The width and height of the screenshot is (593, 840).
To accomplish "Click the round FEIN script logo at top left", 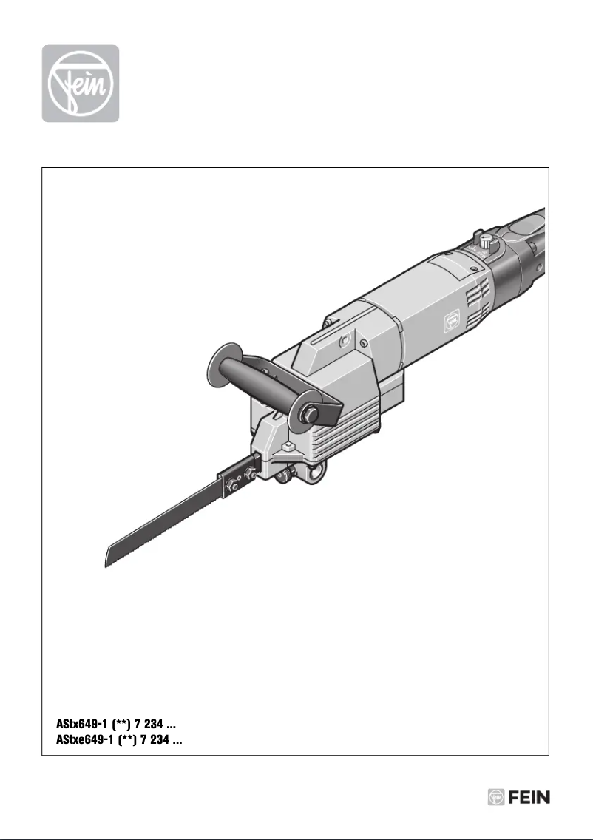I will click(80, 84).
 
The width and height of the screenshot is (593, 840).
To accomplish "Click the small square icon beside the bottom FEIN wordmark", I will click(496, 797).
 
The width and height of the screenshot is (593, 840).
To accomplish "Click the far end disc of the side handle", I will click(220, 363).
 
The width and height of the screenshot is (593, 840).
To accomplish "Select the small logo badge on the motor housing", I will click(449, 319).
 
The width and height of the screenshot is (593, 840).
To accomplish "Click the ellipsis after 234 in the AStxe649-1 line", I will click(178, 738).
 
